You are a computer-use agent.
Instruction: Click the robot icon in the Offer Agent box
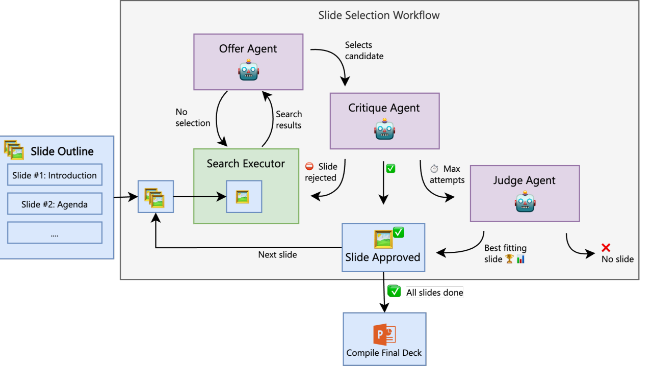[248, 70]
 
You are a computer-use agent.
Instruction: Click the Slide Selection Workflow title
[379, 15]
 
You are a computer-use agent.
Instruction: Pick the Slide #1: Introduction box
[55, 175]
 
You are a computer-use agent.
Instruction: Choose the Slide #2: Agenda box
[55, 204]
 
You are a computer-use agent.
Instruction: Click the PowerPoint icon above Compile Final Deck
[384, 335]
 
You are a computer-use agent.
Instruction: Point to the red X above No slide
[606, 248]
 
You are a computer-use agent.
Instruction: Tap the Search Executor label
[246, 164]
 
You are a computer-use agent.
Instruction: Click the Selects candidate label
[364, 50]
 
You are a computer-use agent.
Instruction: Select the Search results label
[289, 120]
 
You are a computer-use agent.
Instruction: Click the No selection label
[192, 117]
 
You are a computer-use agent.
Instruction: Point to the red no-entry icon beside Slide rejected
[309, 167]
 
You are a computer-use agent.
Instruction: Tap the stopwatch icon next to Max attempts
[434, 169]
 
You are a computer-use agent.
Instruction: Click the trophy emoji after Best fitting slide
[509, 259]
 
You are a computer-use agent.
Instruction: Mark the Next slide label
[277, 254]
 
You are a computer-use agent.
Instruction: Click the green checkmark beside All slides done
[394, 292]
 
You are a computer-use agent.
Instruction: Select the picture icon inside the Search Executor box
[243, 197]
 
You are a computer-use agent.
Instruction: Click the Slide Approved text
[383, 257]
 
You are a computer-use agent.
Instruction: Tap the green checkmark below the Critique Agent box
[390, 168]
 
